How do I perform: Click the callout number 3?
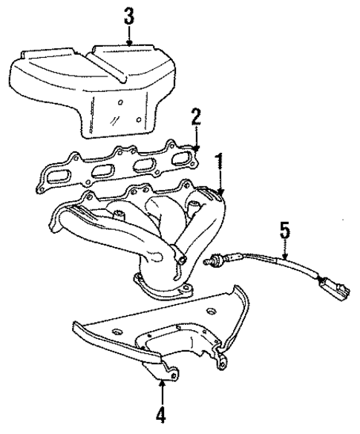click(x=129, y=16)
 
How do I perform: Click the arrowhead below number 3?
click(x=129, y=44)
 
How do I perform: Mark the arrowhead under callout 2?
click(x=196, y=146)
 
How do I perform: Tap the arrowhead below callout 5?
click(x=284, y=258)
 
